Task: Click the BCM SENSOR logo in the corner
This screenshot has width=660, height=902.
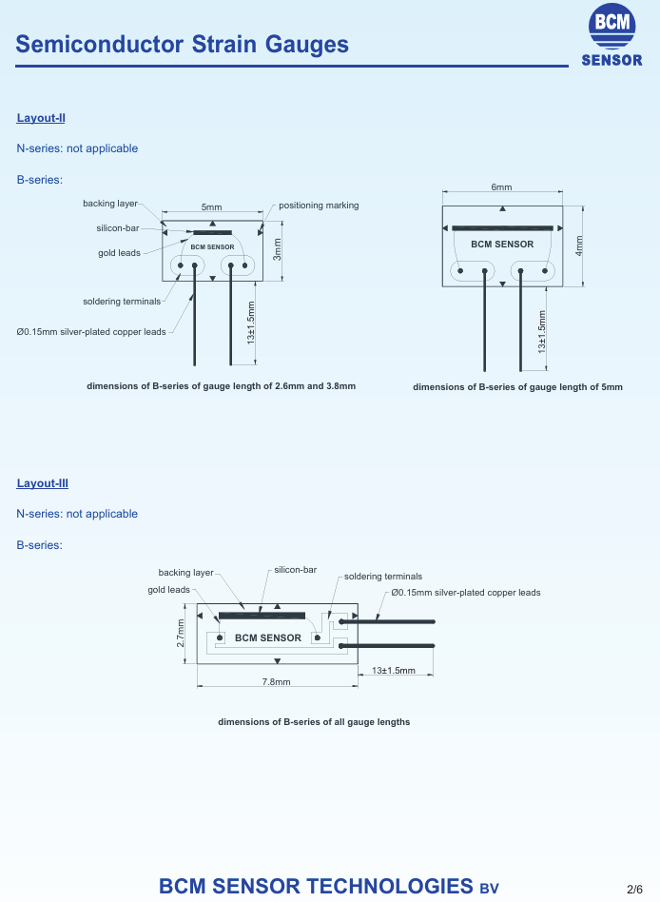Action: tap(611, 35)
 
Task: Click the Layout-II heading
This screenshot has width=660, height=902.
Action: tap(41, 118)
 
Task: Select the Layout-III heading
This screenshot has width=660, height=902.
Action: tap(43, 483)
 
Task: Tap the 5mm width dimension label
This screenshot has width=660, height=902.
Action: tap(211, 207)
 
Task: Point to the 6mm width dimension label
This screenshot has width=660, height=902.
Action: tap(501, 186)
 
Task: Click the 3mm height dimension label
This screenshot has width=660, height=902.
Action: tap(277, 249)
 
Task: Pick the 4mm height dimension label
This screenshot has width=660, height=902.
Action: tap(579, 245)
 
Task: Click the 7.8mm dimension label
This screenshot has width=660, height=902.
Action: tap(277, 681)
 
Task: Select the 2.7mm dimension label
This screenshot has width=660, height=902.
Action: tap(181, 634)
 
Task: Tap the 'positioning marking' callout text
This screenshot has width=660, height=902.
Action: tap(319, 206)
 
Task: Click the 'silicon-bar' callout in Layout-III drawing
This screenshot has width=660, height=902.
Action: tap(296, 570)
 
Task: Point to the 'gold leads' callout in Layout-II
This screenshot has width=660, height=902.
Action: tap(119, 252)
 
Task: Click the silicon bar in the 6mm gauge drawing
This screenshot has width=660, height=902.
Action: tap(502, 228)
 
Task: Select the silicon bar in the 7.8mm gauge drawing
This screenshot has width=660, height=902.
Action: tap(262, 616)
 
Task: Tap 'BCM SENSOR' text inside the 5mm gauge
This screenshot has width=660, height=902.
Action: tap(213, 246)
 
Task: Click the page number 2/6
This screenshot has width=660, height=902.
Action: tap(634, 890)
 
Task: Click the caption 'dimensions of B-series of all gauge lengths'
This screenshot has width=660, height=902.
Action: tap(314, 722)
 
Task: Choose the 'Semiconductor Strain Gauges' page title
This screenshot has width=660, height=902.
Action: tap(183, 45)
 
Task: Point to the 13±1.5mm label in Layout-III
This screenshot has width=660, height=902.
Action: tap(393, 670)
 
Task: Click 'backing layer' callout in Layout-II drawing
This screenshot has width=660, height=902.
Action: tap(110, 203)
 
